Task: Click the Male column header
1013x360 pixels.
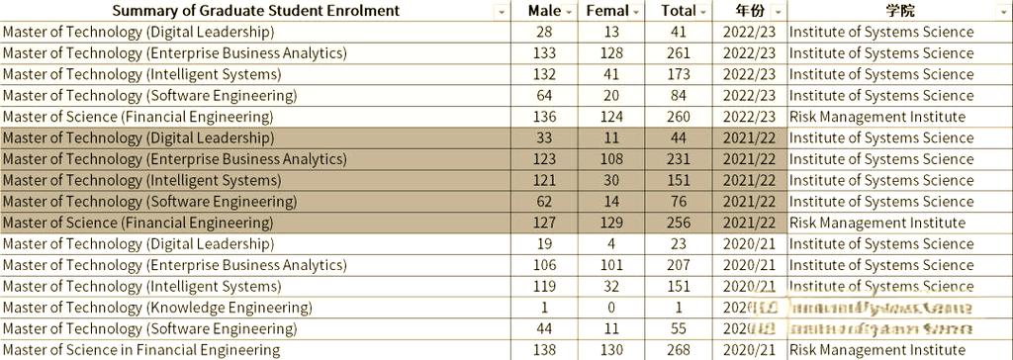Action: tap(543, 11)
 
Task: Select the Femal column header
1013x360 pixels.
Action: tap(606, 11)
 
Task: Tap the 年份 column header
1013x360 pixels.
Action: tap(750, 11)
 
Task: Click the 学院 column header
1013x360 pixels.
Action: tap(899, 11)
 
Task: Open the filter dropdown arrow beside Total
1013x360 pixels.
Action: tap(703, 12)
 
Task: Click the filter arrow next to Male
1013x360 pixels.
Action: tap(569, 12)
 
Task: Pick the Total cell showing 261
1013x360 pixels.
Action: tap(679, 53)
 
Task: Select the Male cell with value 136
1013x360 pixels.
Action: tap(544, 117)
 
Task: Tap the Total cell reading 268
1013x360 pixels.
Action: tap(679, 350)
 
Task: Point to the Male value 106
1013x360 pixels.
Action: tap(544, 265)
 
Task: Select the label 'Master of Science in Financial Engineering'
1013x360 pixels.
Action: tap(140, 350)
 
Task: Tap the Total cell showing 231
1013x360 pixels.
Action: tap(679, 159)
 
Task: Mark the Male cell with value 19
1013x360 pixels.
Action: tap(544, 244)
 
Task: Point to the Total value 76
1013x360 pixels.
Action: tap(679, 202)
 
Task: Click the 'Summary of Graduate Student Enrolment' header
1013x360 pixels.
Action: tap(255, 11)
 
